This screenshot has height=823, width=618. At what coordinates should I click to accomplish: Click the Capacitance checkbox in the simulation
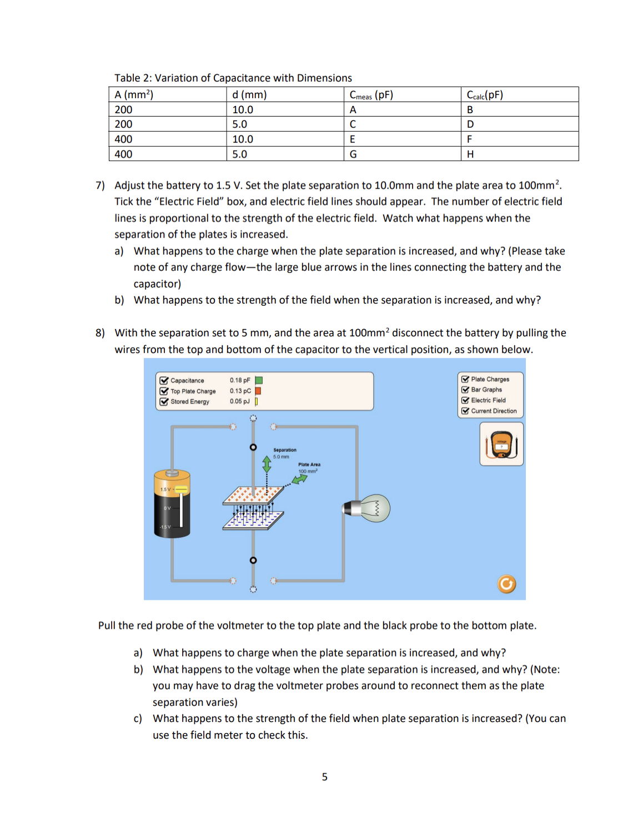coord(164,381)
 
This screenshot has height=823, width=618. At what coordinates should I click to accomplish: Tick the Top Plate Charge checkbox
coord(164,391)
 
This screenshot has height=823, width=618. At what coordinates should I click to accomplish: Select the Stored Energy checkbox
coord(164,402)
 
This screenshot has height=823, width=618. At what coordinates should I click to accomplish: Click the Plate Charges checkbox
coord(465,380)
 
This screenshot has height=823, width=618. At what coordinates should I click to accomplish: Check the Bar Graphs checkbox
coord(465,390)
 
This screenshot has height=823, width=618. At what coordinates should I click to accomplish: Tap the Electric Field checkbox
coord(465,400)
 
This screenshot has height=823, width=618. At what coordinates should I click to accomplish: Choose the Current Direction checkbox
coord(465,411)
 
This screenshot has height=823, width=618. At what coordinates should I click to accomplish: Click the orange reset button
coord(506,584)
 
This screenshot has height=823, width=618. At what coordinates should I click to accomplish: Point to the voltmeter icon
coord(501,444)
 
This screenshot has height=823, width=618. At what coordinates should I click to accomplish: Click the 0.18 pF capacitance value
coord(240,381)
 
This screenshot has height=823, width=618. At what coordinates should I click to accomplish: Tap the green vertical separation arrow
coord(267,464)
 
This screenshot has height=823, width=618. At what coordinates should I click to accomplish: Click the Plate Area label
coord(309,464)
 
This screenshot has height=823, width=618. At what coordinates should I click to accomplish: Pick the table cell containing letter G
coord(353,154)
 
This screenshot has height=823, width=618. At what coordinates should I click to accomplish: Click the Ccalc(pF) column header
coord(485,95)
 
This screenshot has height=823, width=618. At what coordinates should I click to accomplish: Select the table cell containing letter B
coord(470,110)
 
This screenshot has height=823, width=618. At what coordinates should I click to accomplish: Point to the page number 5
coord(325,777)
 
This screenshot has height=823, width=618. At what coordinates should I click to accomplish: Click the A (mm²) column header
coord(134,95)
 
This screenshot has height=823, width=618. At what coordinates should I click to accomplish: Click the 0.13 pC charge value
coord(240,391)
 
